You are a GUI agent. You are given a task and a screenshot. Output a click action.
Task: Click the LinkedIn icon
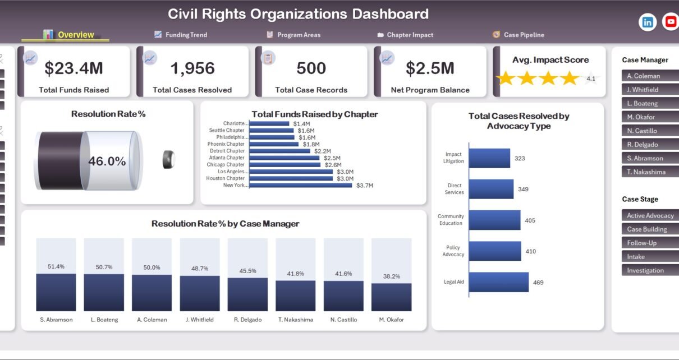tap(648, 22)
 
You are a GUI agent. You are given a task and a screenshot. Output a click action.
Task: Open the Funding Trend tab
tap(181, 35)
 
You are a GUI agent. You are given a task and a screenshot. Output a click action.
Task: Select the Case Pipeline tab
tap(519, 35)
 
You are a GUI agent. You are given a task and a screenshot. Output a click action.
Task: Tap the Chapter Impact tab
tap(405, 35)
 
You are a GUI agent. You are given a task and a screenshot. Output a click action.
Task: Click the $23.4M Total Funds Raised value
tap(74, 68)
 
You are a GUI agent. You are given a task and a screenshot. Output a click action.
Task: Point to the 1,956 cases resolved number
tap(192, 68)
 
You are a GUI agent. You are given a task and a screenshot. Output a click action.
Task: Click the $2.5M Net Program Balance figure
tap(430, 68)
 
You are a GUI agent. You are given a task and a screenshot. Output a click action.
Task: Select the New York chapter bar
tap(300, 185)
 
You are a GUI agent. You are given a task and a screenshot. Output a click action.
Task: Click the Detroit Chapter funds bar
tap(279, 151)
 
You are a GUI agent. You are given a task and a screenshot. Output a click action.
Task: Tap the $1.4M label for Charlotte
tap(301, 123)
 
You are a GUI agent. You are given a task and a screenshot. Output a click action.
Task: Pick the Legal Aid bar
tap(499, 282)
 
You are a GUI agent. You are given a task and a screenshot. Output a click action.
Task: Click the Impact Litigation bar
tap(489, 158)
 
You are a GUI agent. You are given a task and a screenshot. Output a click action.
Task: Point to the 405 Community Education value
tap(530, 220)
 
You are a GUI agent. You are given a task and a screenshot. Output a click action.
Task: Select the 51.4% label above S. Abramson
tap(56, 266)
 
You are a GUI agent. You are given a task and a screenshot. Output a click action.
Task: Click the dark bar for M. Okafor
tap(391, 297)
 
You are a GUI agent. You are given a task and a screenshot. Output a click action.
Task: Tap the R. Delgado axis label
tap(247, 320)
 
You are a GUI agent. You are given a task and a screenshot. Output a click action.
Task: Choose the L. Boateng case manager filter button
tap(650, 103)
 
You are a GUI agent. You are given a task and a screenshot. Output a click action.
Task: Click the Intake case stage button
tap(650, 257)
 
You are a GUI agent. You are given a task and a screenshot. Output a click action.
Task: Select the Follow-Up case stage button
tap(650, 243)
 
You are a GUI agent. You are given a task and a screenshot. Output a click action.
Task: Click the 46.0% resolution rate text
tap(107, 161)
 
